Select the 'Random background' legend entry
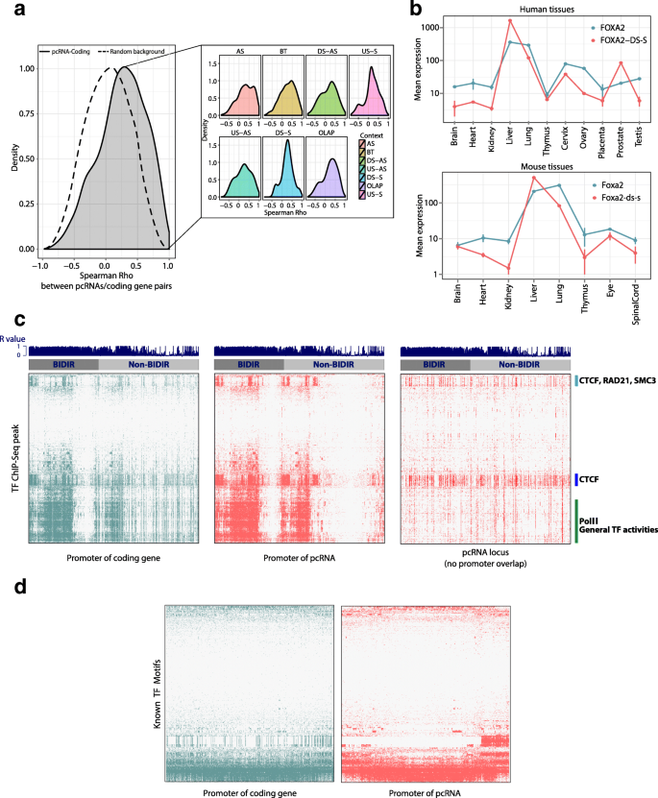(x=135, y=50)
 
